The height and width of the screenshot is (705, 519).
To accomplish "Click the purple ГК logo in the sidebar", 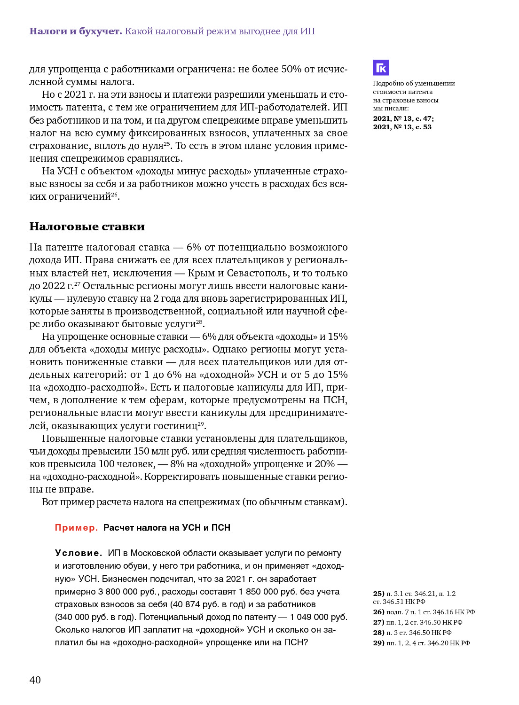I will (381, 68).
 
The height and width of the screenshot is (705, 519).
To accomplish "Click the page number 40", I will (35, 680).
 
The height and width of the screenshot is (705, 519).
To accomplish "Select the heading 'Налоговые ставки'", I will (87, 227).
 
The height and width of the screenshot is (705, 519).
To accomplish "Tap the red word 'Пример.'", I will (76, 528).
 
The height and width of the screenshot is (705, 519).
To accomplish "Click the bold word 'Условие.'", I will (78, 553).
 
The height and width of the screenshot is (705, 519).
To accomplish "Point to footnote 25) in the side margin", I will (378, 594).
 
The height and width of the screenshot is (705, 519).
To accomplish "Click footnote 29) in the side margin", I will (378, 643).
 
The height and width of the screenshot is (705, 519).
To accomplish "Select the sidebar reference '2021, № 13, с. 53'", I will (402, 127).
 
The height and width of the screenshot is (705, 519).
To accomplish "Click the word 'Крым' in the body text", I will (201, 273).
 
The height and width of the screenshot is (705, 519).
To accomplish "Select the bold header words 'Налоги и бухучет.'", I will (75, 31).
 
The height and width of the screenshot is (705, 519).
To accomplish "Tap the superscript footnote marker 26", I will (114, 194).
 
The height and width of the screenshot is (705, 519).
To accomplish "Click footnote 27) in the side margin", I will (378, 622).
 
